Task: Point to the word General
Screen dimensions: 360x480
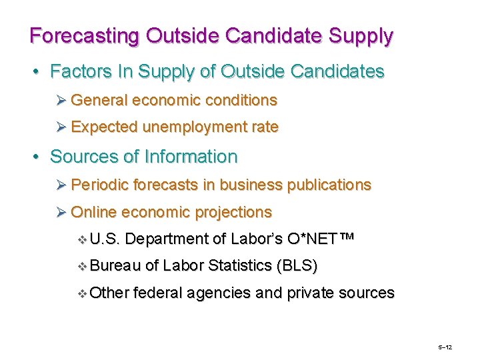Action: [99, 101]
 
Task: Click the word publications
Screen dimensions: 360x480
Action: [329, 185]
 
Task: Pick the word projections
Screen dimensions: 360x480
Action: [233, 213]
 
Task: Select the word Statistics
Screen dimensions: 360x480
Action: [239, 266]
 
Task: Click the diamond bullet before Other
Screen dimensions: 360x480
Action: [83, 293]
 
